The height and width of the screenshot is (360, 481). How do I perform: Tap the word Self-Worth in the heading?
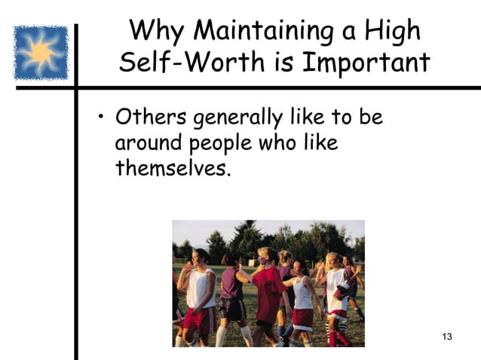pos(197,63)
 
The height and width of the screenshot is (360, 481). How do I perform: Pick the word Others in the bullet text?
pos(152,119)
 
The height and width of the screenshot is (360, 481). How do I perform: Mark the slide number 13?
pos(446,335)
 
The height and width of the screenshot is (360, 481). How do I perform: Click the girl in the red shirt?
pos(269,290)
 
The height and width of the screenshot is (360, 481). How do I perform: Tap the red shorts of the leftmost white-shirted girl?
pos(200,320)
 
